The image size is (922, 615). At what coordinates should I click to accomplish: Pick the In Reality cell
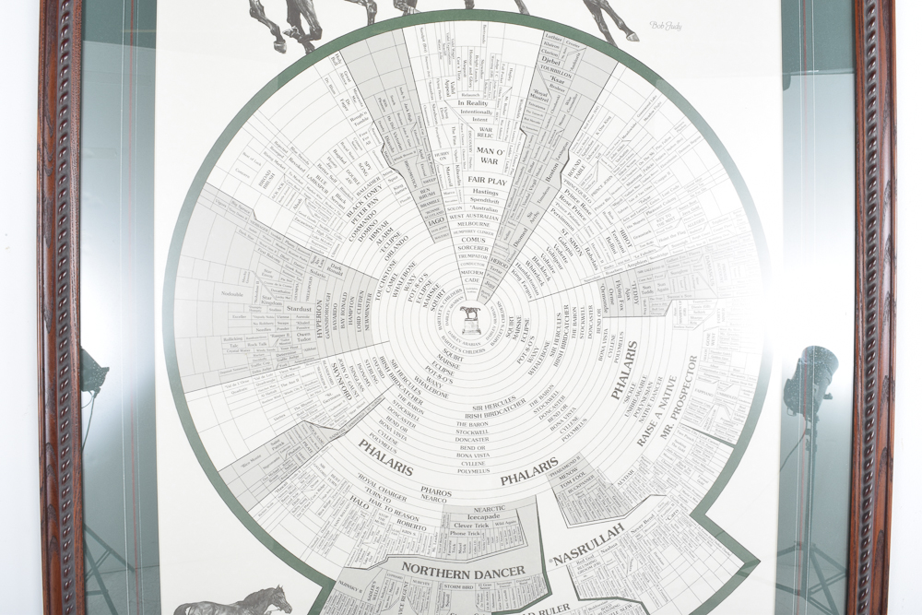tap(473, 103)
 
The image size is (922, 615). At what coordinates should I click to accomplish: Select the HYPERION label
tap(320, 319)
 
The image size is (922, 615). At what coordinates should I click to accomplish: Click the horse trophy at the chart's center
tap(471, 319)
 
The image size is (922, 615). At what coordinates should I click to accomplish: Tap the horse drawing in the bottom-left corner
tap(235, 601)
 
